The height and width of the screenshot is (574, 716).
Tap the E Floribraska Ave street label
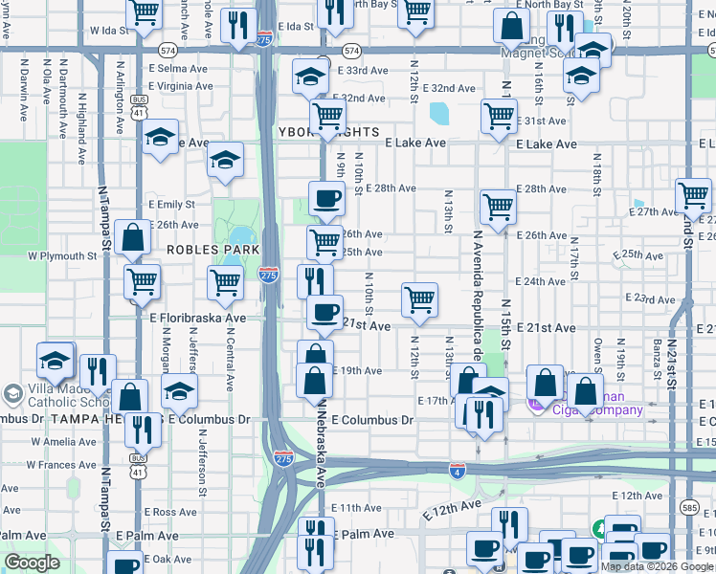[x=197, y=317]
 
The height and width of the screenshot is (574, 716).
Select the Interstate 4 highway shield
[x=458, y=469]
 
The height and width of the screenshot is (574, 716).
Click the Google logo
[x=32, y=563]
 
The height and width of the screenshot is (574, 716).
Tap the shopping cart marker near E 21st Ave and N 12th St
[x=419, y=299]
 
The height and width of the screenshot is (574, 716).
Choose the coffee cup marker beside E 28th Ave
[x=325, y=198]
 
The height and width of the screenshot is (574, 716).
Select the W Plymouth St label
[x=62, y=256]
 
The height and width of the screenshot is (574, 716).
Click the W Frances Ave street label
[x=61, y=464]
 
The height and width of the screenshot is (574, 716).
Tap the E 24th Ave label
[x=540, y=282]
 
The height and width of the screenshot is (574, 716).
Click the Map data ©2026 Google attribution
[x=658, y=566]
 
